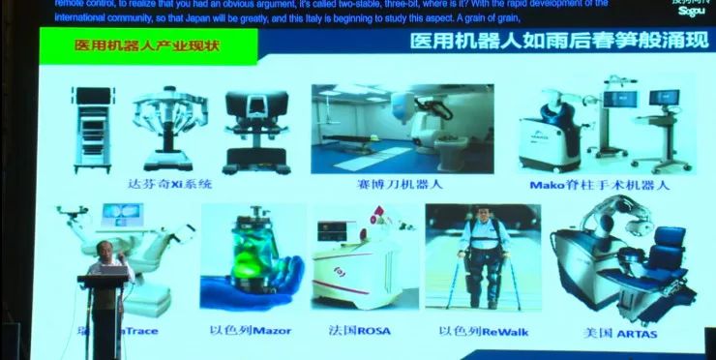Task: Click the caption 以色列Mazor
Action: pyautogui.click(x=250, y=330)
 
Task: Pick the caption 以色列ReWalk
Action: pyautogui.click(x=475, y=331)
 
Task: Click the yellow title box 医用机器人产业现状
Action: pyautogui.click(x=147, y=45)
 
